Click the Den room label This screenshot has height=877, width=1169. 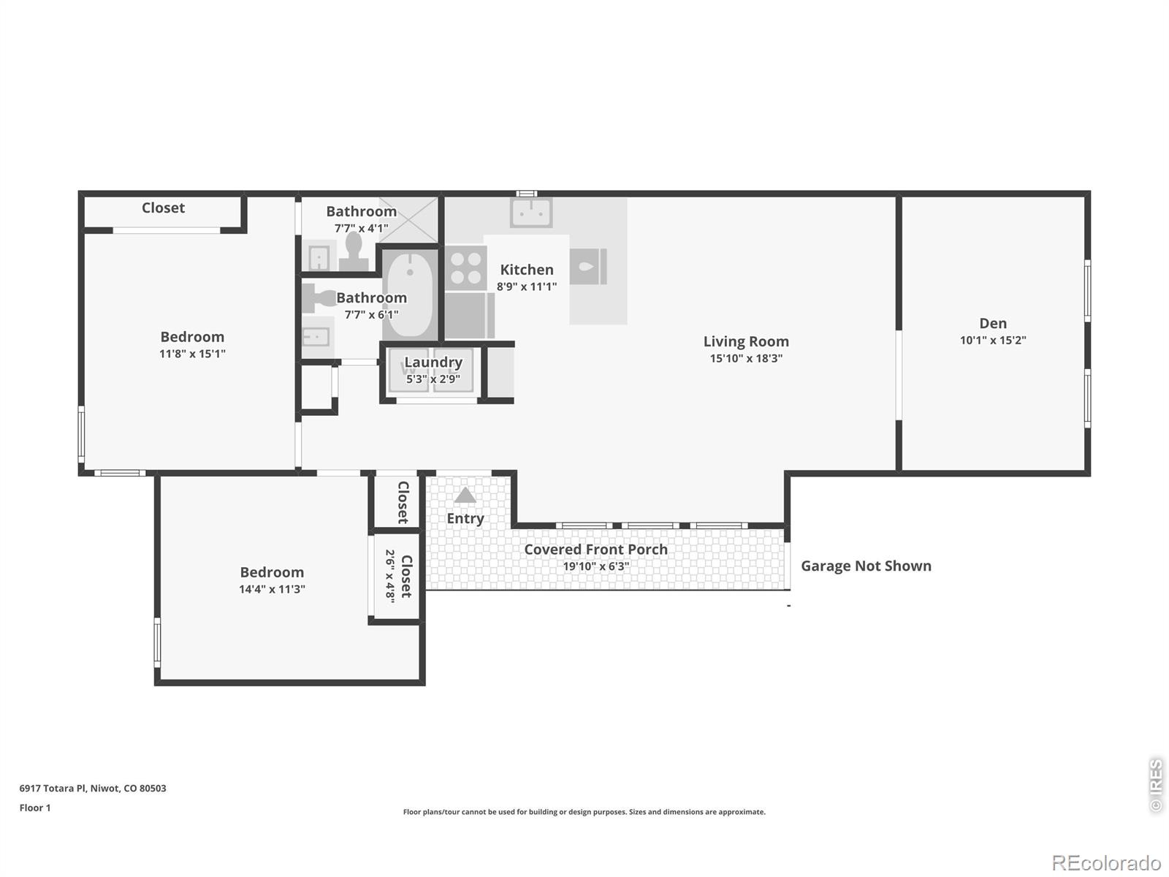click(x=993, y=323)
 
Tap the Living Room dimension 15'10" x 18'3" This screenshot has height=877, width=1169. click(x=746, y=358)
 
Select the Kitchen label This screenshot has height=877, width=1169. click(x=527, y=270)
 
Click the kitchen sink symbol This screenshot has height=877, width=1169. click(x=531, y=212)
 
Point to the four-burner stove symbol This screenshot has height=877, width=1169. click(x=466, y=268)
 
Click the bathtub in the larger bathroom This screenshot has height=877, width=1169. click(x=410, y=295)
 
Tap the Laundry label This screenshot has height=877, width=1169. click(x=433, y=362)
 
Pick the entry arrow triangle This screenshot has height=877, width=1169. click(x=465, y=495)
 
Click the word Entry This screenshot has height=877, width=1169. click(x=465, y=519)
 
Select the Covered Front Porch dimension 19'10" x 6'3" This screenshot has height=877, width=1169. click(x=596, y=566)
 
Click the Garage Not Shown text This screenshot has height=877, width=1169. click(x=866, y=566)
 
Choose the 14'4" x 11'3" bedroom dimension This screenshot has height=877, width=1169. click(x=272, y=589)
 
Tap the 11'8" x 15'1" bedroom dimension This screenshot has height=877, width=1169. click(x=192, y=354)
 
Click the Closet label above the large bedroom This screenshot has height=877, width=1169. click(x=163, y=208)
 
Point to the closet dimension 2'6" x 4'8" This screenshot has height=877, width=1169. click(x=390, y=576)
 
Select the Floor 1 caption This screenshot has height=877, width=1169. click(x=35, y=808)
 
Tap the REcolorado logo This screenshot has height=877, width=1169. click(x=1107, y=862)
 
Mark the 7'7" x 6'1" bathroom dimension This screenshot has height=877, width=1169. click(x=371, y=315)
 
